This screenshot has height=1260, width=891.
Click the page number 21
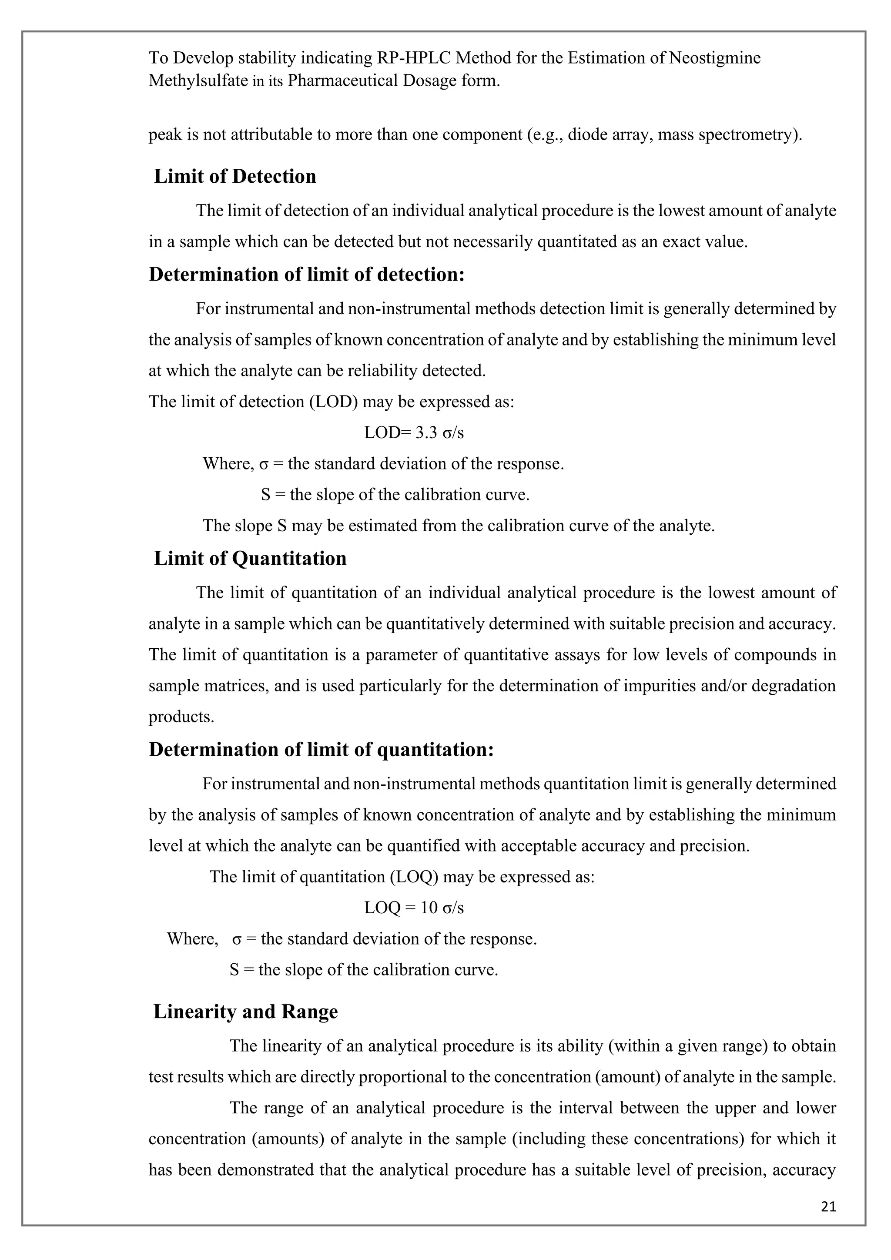click(x=828, y=1206)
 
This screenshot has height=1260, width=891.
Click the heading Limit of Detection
click(x=235, y=177)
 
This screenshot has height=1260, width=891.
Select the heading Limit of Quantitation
click(x=250, y=559)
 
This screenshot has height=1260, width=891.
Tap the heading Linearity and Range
click(x=245, y=1012)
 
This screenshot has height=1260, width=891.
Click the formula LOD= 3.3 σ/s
click(x=414, y=433)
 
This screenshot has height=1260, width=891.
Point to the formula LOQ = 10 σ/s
click(x=414, y=908)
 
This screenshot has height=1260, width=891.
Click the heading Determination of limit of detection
click(x=307, y=275)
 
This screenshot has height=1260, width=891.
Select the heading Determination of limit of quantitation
click(x=321, y=750)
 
